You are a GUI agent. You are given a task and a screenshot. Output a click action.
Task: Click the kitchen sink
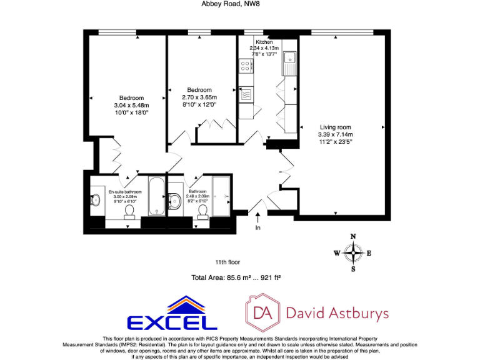point(289,60)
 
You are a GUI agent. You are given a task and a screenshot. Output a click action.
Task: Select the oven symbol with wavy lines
point(246,95)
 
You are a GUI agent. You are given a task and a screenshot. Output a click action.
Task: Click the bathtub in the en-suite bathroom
point(157,196)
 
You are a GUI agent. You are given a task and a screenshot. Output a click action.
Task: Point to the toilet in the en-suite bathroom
point(130,211)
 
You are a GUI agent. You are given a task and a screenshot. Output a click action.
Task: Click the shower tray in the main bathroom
point(222,196)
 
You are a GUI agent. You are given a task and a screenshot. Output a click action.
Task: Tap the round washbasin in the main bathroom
point(176,201)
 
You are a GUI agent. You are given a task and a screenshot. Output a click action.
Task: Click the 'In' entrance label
point(257,228)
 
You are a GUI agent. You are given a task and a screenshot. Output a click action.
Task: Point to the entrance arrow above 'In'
point(257,217)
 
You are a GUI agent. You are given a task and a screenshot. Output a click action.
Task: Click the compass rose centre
point(354,253)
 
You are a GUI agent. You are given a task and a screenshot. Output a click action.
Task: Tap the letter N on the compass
point(354,237)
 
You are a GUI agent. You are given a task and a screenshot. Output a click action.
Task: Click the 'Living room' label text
point(335,127)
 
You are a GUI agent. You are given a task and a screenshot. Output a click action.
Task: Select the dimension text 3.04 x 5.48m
point(132,106)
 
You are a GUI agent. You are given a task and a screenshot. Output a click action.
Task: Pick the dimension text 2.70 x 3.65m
point(199,97)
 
